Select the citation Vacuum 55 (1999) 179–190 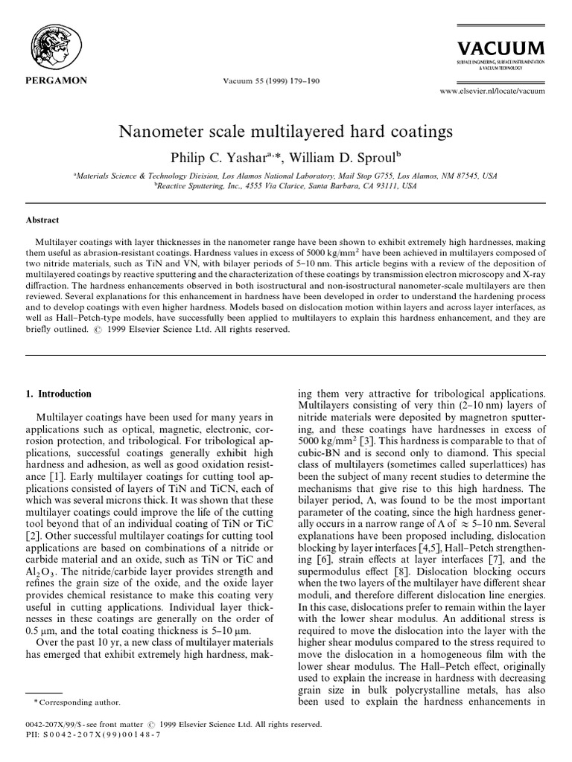pos(273,80)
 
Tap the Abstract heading pos(42,220)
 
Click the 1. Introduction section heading pos(64,394)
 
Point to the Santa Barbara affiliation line pos(286,187)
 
